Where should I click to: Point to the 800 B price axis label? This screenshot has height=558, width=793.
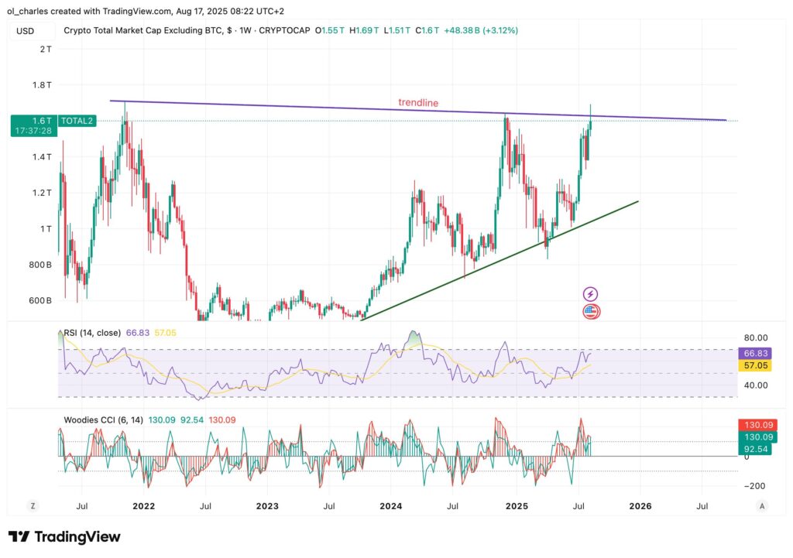point(41,265)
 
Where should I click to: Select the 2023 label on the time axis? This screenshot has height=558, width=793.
point(267,506)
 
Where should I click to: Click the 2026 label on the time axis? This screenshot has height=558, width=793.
point(640,506)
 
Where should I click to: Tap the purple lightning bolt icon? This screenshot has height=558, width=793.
point(591,294)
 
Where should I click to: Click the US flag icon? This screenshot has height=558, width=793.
point(591,312)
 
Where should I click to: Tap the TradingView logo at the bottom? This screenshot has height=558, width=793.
point(64,537)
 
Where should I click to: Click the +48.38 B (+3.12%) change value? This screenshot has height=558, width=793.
point(481,30)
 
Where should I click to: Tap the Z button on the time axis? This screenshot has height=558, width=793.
point(33,506)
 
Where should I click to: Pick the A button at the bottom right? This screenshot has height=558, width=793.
point(762,506)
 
